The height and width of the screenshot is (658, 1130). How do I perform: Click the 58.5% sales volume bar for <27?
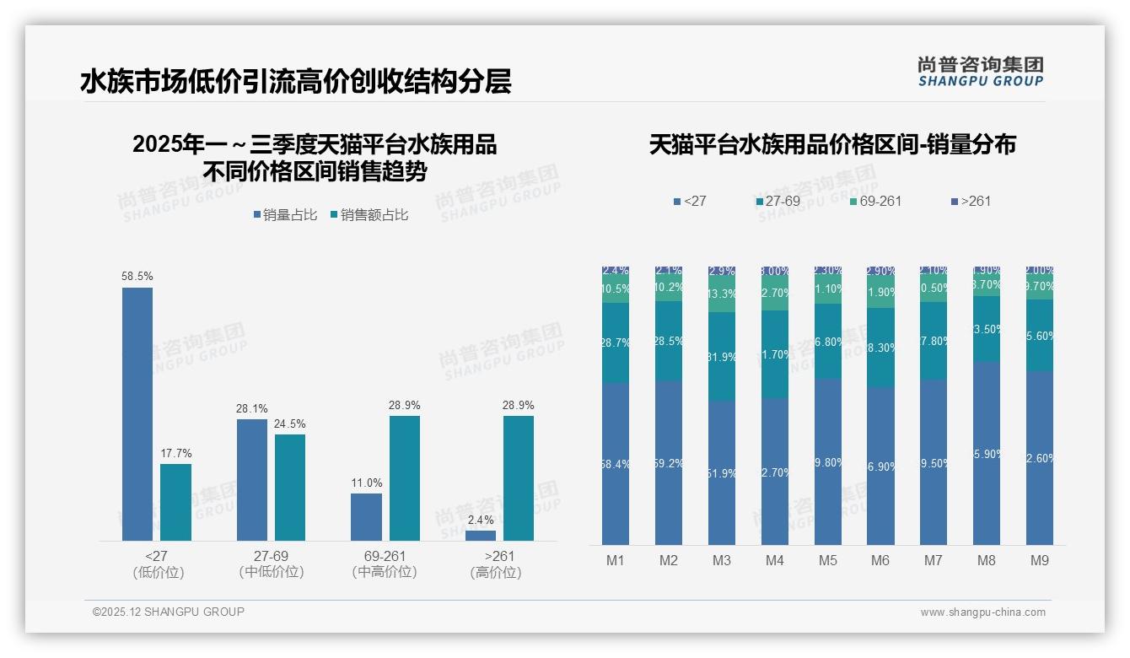coord(137,413)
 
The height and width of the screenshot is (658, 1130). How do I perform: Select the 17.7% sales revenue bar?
coord(175,502)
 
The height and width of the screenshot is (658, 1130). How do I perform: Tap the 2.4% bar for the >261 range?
coord(481,535)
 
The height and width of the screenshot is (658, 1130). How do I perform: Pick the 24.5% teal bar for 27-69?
coord(290,487)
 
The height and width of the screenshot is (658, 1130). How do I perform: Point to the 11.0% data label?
coord(367,483)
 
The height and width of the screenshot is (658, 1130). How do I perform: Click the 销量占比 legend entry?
coord(286,215)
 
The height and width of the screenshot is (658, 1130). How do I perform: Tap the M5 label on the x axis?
coord(827,561)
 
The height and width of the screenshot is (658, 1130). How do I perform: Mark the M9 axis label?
coord(1040,561)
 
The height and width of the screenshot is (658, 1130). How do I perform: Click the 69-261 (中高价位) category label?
coord(385,564)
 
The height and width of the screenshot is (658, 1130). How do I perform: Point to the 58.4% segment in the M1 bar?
coord(616,463)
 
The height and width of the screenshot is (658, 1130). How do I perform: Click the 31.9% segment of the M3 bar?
coord(722,356)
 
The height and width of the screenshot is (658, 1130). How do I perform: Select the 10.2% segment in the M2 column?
coord(669,287)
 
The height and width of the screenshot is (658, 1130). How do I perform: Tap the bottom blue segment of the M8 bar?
coord(987,454)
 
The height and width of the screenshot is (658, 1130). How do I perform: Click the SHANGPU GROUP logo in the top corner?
coord(981,71)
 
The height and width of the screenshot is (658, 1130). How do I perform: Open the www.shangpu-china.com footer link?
coord(982,612)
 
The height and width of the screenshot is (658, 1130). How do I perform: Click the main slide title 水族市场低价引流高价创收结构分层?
coord(296,82)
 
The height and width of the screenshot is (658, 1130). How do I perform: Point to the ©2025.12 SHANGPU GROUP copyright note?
coord(169,612)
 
